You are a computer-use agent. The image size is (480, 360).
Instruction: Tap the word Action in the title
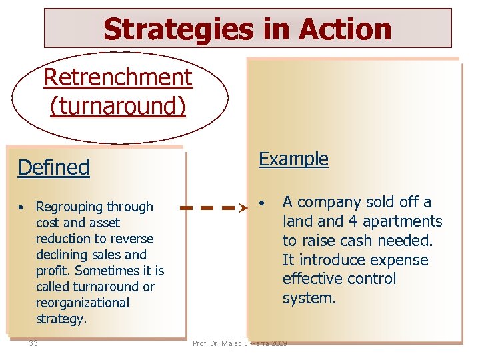(x=345, y=29)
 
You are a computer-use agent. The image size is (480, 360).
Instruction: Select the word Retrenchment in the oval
(x=117, y=77)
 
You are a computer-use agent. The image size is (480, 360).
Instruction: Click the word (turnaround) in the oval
(x=117, y=105)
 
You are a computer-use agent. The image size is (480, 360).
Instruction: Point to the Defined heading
(x=53, y=167)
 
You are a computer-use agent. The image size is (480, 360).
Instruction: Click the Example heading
(x=293, y=159)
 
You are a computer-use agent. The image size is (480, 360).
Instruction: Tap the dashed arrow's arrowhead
(x=245, y=208)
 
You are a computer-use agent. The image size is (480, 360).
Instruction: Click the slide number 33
(x=33, y=343)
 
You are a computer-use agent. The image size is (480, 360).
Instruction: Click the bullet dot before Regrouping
(x=22, y=207)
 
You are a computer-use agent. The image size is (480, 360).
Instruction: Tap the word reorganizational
(x=83, y=303)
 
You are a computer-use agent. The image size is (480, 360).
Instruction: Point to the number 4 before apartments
(x=353, y=221)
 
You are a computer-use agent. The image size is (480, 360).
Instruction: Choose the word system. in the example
(x=309, y=298)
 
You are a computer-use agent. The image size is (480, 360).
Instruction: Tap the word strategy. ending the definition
(x=61, y=319)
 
